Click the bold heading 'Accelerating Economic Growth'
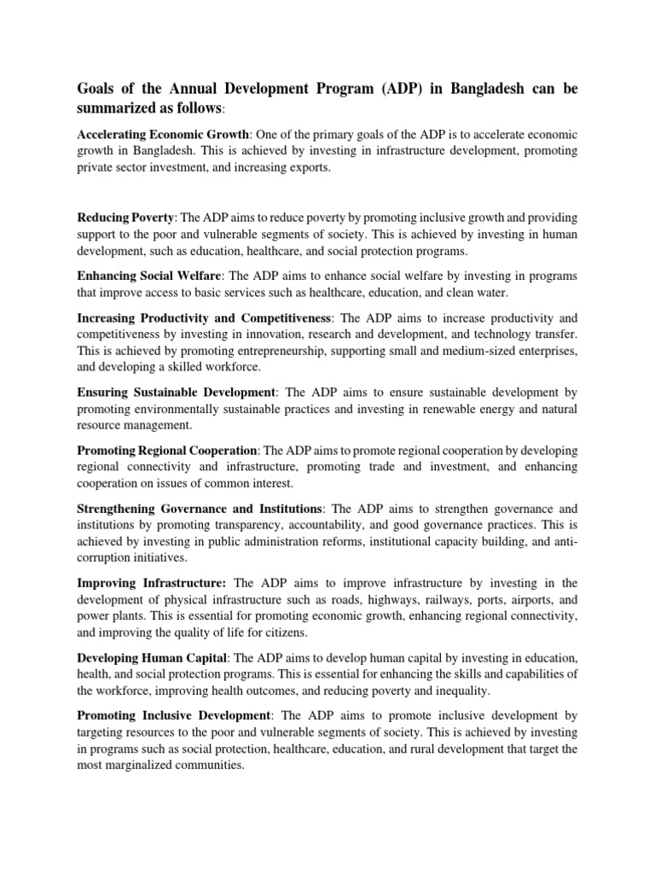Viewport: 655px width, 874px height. tap(164, 135)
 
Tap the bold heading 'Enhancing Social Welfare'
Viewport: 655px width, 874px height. tap(150, 277)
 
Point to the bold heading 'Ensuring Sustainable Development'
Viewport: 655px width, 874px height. tap(177, 393)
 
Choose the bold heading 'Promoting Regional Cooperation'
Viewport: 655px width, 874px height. tap(167, 451)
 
